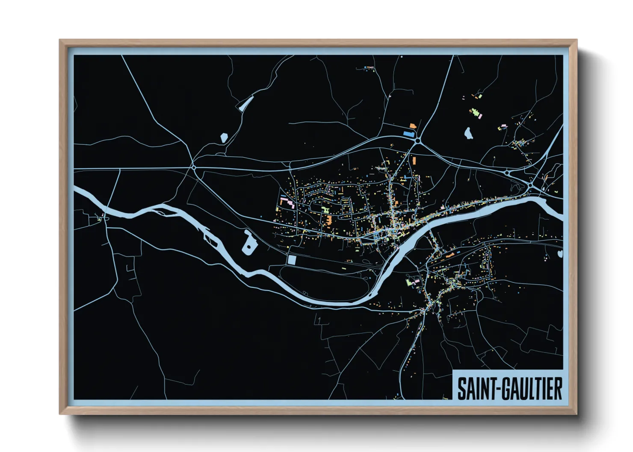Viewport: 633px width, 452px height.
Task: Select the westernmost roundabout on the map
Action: point(194,167)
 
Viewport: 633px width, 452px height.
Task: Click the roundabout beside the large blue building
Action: point(417,140)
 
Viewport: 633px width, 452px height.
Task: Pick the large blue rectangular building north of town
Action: point(408,134)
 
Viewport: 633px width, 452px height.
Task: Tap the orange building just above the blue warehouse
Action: point(413,126)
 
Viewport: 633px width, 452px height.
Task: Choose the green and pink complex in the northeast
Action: point(475,113)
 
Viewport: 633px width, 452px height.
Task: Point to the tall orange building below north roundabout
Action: point(414,161)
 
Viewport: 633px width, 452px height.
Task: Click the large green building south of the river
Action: point(409,282)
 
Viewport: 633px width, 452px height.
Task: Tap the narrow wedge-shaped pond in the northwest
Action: point(246,103)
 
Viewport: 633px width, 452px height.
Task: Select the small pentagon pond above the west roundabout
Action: point(223,137)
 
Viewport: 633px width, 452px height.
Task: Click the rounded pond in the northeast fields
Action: point(468,133)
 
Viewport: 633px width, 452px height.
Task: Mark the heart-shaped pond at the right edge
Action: point(560,254)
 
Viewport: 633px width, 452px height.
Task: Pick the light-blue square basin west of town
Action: point(292,260)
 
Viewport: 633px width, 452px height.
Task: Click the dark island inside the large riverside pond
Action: point(248,247)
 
